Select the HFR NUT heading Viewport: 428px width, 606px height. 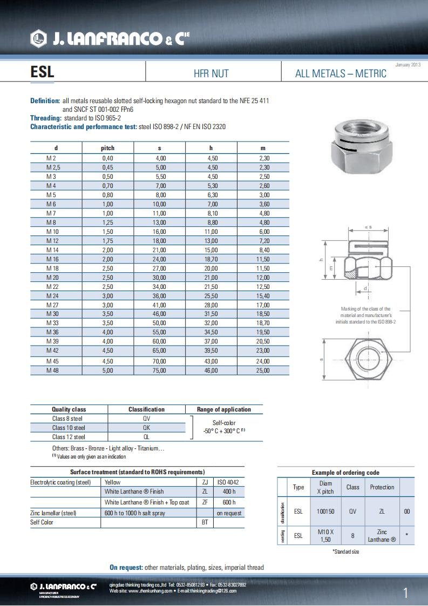[211, 73]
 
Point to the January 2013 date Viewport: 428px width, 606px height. [407, 65]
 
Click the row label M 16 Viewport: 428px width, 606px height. [52, 260]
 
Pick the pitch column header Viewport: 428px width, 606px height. [108, 148]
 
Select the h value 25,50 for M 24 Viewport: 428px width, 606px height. [210, 295]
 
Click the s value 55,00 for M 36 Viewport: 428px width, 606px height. [159, 332]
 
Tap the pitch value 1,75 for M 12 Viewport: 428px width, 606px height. [108, 240]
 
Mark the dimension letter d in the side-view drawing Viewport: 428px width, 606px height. [365, 288]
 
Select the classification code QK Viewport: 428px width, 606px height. [146, 428]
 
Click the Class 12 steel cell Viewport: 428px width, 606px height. [69, 437]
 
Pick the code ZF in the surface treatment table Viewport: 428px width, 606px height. [205, 502]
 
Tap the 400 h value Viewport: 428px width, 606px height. [229, 491]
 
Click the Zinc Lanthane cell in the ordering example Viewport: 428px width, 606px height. [382, 536]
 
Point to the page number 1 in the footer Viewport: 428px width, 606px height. [406, 593]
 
